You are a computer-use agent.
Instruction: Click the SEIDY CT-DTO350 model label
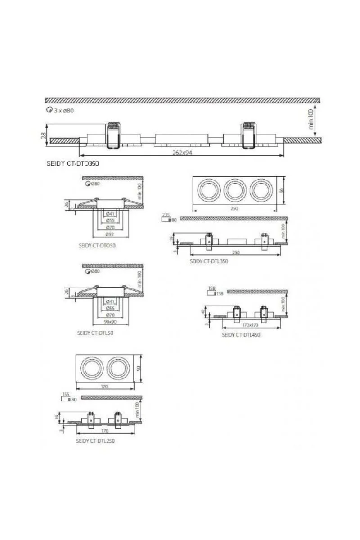(72, 163)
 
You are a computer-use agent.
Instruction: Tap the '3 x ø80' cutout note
(63, 111)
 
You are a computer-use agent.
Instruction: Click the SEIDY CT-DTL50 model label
(95, 333)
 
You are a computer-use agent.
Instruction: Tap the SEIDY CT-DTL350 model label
(209, 261)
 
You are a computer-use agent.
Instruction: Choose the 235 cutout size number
(166, 215)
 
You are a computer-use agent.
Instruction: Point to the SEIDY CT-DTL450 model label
(241, 335)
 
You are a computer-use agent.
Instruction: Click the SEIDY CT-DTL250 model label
(95, 441)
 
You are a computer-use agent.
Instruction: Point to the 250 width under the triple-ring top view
(234, 208)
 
